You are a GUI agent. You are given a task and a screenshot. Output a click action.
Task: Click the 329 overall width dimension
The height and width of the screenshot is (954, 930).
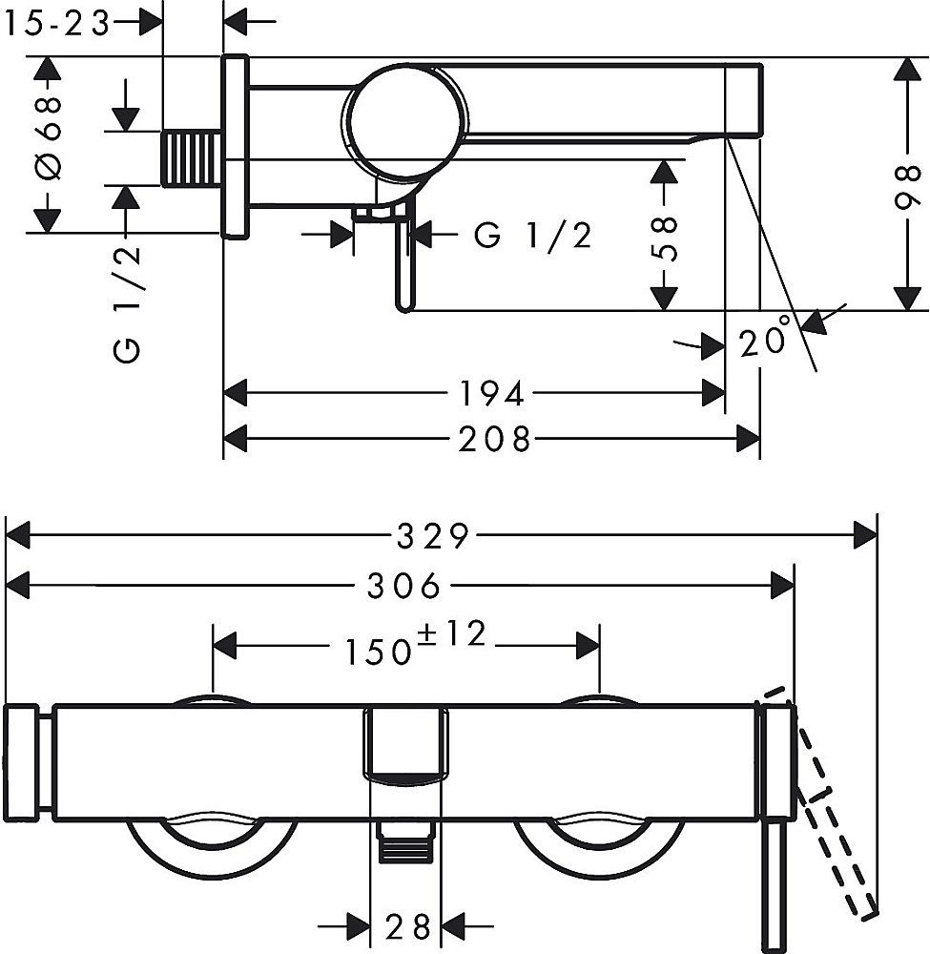pyautogui.click(x=432, y=536)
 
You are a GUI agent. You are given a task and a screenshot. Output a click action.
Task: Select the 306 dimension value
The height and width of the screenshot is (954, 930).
pyautogui.click(x=404, y=586)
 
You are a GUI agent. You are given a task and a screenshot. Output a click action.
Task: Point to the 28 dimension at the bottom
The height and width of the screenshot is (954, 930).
pyautogui.click(x=408, y=924)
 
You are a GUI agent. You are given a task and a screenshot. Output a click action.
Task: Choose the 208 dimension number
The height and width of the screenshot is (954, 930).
pyautogui.click(x=493, y=439)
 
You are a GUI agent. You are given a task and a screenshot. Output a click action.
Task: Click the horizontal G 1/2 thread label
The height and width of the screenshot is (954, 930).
pyautogui.click(x=533, y=235)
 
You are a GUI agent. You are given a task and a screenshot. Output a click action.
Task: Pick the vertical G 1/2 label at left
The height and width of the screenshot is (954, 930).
pyautogui.click(x=126, y=303)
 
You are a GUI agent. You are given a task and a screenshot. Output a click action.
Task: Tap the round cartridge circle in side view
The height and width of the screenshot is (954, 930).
pyautogui.click(x=408, y=119)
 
